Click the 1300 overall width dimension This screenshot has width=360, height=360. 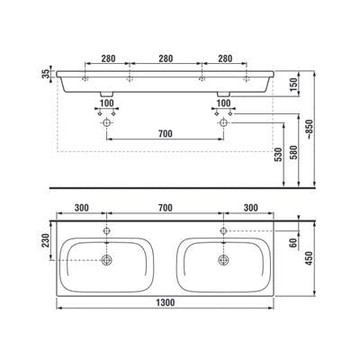[x=166, y=303]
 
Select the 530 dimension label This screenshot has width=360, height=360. [x=279, y=155]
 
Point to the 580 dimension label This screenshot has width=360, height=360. [x=294, y=153]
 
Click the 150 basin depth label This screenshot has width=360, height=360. [x=294, y=85]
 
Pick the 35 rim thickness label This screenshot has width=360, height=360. [x=45, y=74]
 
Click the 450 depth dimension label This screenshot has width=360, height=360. [x=310, y=258]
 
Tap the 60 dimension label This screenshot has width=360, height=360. [x=294, y=242]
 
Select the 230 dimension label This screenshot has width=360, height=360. [x=45, y=240]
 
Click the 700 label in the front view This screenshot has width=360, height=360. [x=166, y=134]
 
